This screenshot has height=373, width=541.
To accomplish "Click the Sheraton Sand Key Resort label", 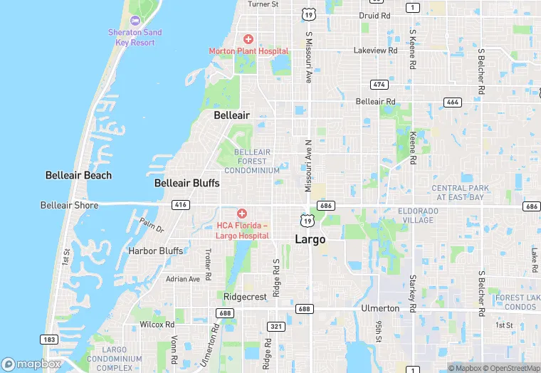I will click(x=135, y=37).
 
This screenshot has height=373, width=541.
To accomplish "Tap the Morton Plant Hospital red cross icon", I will click(x=248, y=38).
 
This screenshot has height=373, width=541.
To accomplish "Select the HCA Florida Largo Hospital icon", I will click(x=242, y=214).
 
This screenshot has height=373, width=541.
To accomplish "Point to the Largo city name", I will click(x=310, y=239).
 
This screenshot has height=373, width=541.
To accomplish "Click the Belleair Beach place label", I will click(x=78, y=175).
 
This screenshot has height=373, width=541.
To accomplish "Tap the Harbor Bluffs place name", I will click(x=155, y=251).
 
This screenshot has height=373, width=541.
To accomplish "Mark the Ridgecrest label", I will click(x=245, y=295).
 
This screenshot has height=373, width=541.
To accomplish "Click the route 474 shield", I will click(x=379, y=84).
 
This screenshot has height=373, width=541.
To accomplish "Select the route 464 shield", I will click(x=452, y=102).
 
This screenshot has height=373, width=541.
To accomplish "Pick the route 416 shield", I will click(x=181, y=205).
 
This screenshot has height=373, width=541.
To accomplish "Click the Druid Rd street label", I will click(x=374, y=15).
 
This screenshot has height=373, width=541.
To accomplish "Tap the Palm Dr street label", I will click(x=152, y=225).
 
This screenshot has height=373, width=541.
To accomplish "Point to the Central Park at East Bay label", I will click(x=461, y=192).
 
